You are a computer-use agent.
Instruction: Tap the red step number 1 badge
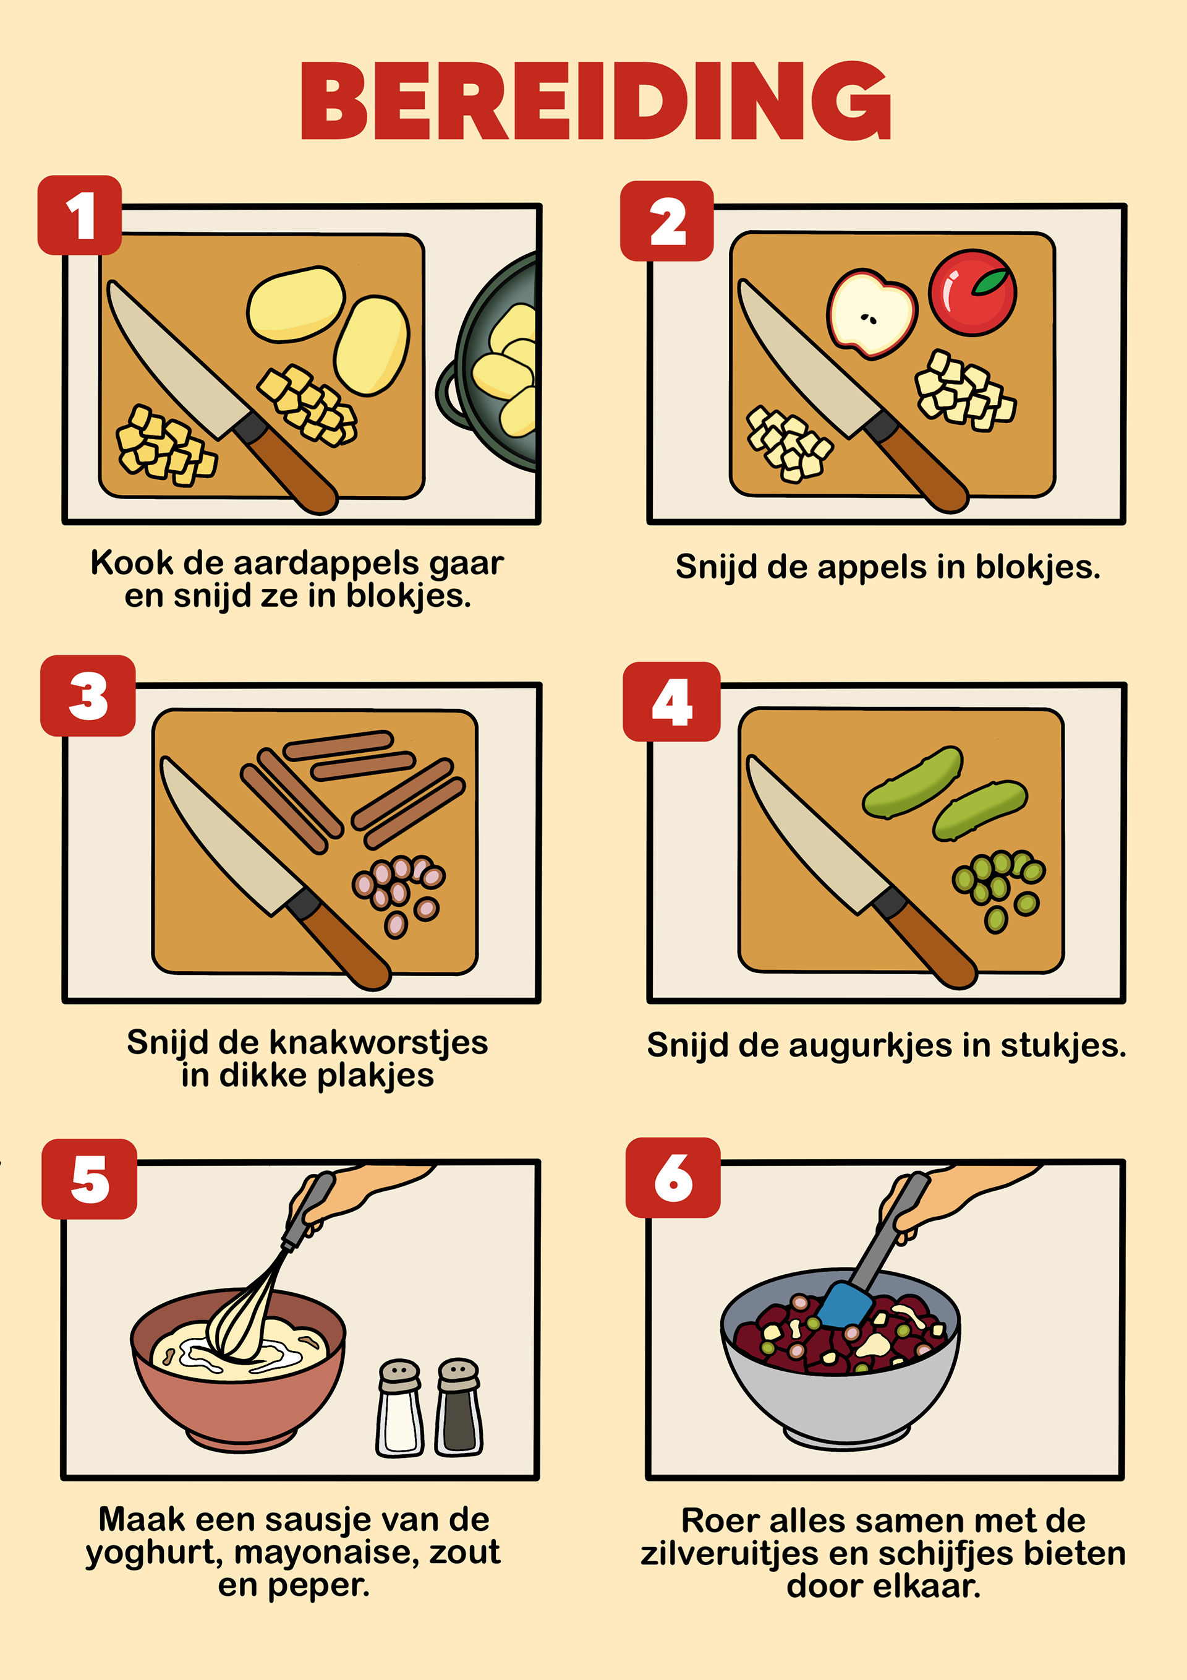[x=80, y=215]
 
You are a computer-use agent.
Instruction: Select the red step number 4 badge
[x=671, y=701]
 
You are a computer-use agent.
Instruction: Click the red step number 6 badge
[x=673, y=1177]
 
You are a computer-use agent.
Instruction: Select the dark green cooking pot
[x=488, y=362]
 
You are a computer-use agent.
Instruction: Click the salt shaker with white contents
[x=399, y=1408]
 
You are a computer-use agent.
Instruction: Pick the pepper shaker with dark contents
[x=459, y=1407]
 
